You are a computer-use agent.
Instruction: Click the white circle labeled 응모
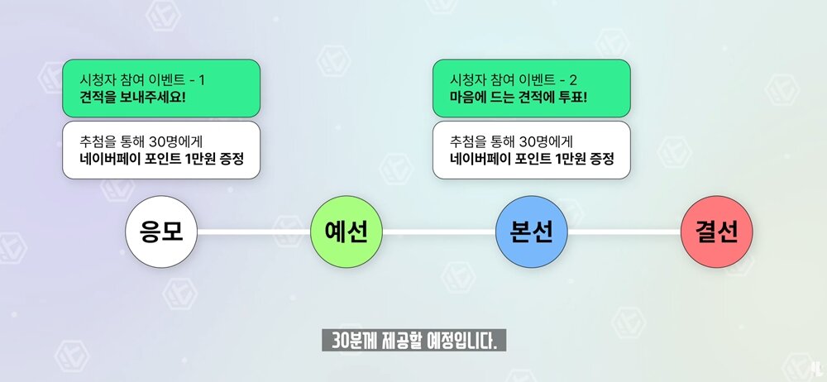(x=161, y=232)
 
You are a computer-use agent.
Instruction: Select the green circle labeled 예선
(x=347, y=232)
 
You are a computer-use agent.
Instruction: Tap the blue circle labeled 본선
(x=532, y=232)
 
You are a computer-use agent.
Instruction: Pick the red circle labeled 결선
(x=717, y=232)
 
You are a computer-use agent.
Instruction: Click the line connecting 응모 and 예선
(x=254, y=232)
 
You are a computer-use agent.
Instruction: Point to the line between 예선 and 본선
(x=439, y=232)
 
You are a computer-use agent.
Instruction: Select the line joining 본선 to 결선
(x=624, y=232)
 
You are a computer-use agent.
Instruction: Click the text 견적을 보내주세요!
(x=132, y=98)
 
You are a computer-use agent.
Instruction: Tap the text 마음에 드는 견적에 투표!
(x=519, y=98)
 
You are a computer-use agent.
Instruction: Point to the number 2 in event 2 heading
(x=573, y=80)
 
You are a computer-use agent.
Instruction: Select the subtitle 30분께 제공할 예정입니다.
(x=414, y=341)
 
